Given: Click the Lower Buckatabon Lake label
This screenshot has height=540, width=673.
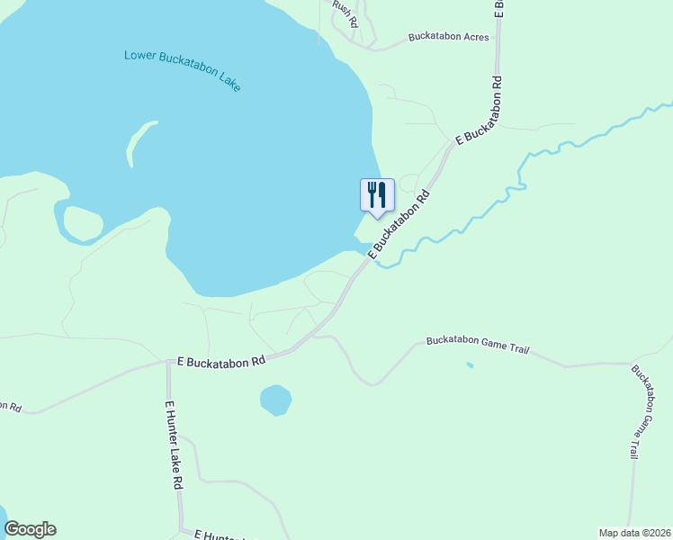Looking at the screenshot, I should (182, 69).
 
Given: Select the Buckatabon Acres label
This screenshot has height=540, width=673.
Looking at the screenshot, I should (448, 37).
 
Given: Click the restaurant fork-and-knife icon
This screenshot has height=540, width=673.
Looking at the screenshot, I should (377, 194).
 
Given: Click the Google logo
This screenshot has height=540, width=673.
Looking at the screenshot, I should (30, 529).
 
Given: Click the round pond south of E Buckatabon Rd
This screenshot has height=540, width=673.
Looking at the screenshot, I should (275, 400).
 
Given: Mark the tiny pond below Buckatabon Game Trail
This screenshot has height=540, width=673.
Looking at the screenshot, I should (470, 365).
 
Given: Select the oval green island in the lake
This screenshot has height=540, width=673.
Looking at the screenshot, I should (83, 224).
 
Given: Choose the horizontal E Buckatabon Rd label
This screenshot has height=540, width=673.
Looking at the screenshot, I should (221, 361).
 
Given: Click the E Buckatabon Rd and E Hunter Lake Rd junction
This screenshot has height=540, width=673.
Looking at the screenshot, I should (167, 363).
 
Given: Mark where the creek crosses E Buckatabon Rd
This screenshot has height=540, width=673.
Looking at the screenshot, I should (372, 258).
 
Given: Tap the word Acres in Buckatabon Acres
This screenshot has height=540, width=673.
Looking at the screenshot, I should (473, 37).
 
